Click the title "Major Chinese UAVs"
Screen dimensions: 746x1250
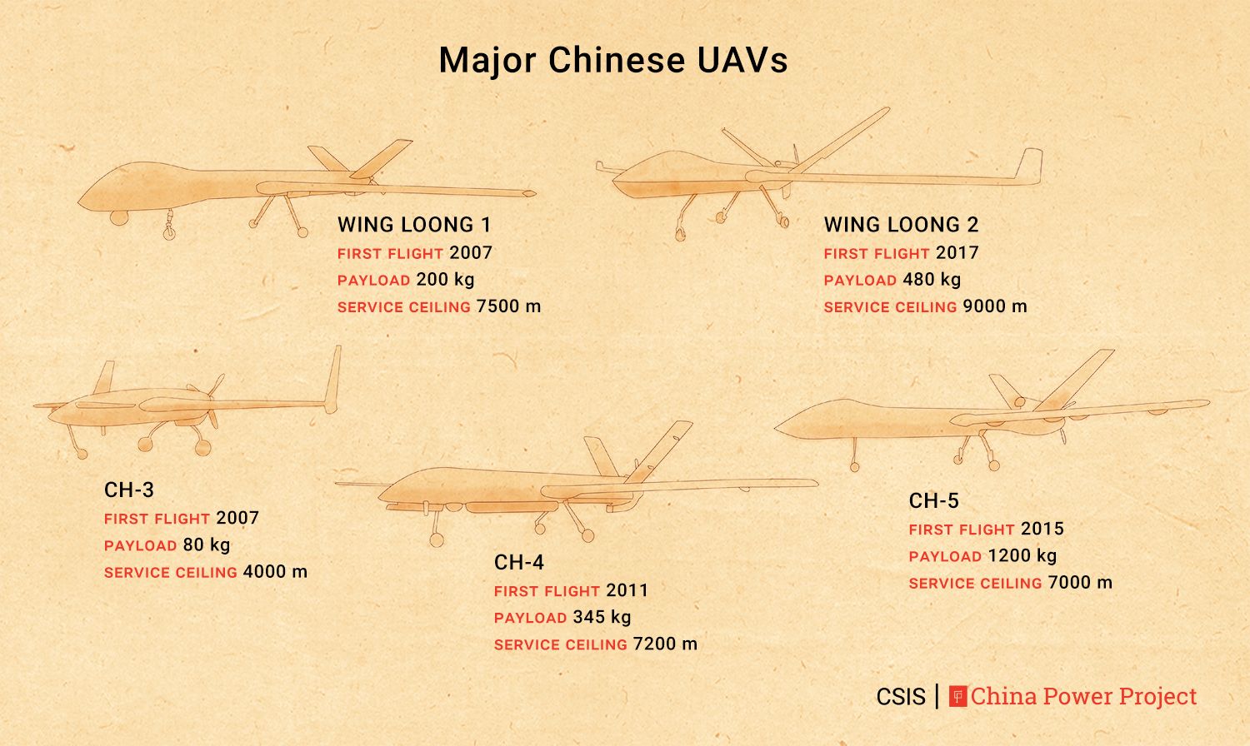point(613,60)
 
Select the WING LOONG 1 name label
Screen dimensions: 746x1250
point(414,225)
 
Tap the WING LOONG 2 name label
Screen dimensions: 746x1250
point(901,225)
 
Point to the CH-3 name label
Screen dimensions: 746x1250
point(129,490)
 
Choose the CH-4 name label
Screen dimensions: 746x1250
point(518,563)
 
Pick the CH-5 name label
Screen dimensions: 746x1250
point(933,500)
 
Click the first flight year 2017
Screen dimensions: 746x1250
point(957,252)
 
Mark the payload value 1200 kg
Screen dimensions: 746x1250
point(1022,555)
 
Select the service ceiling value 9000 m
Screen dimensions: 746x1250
point(995,306)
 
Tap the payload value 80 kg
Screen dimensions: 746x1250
point(206,545)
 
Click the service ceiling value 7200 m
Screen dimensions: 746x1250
point(665,644)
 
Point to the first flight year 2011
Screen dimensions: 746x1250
point(627,590)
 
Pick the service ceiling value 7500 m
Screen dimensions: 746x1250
point(508,306)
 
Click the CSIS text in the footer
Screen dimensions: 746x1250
point(901,696)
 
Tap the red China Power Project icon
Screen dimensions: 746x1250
point(957,696)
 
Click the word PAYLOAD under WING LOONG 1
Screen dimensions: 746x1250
point(373,281)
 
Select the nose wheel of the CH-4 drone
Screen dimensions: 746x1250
point(436,540)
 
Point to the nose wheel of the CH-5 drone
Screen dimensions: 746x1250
point(854,466)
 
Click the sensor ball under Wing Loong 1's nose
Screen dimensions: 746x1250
point(119,217)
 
